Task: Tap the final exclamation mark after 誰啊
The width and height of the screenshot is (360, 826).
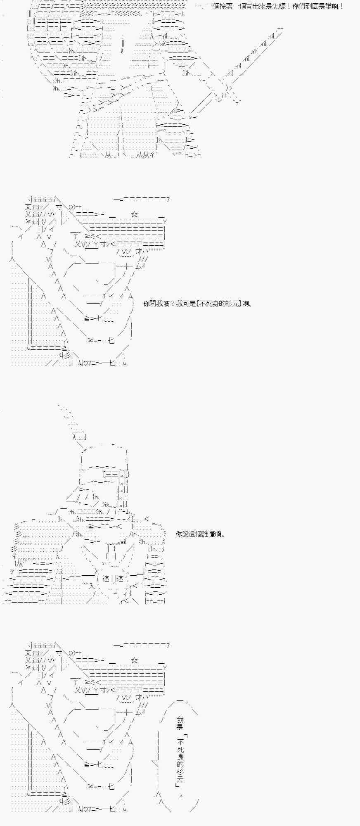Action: [x=342, y=7]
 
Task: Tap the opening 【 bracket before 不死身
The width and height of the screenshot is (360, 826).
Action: [x=198, y=304]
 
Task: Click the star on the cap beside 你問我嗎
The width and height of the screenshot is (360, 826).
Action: [x=134, y=214]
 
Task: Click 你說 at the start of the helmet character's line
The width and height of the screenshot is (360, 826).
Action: [x=182, y=534]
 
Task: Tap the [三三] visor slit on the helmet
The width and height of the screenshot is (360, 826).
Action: [x=110, y=475]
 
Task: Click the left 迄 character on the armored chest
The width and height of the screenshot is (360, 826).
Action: [x=105, y=579]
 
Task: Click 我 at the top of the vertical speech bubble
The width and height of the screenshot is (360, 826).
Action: [x=180, y=720]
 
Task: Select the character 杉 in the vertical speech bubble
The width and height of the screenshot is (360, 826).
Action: [x=180, y=772]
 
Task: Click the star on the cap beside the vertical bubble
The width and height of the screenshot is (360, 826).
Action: [x=134, y=660]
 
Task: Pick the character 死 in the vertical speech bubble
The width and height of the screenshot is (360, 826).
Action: [x=180, y=750]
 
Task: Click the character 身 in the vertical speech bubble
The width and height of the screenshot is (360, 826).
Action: [x=180, y=757]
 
